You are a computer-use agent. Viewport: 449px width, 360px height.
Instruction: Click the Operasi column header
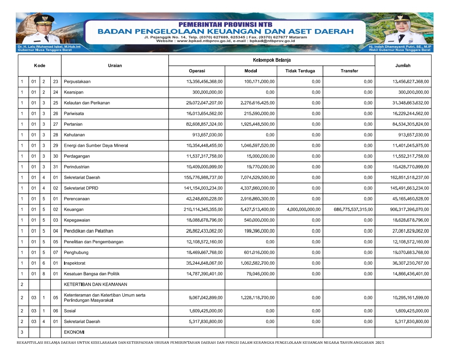pos(197,71)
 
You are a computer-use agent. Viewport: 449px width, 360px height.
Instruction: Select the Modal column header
pos(251,71)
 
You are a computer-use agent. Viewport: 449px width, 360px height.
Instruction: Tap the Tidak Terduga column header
pos(300,71)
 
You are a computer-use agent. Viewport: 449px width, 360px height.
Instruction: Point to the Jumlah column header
pos(403,66)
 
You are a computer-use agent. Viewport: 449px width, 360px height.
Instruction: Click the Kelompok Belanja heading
pos(272,60)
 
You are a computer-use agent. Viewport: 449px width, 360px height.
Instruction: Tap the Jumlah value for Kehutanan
pos(413,135)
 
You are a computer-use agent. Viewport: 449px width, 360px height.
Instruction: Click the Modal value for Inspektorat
pos(258,263)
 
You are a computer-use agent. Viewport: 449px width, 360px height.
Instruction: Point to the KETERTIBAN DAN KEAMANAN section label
pos(95,285)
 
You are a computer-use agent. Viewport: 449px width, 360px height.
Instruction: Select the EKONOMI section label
pos(74,333)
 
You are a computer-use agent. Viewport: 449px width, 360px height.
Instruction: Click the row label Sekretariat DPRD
pos(81,188)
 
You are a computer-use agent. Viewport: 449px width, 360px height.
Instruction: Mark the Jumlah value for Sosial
pos(412,311)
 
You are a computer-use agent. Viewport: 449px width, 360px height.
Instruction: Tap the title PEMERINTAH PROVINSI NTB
pos(225,24)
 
